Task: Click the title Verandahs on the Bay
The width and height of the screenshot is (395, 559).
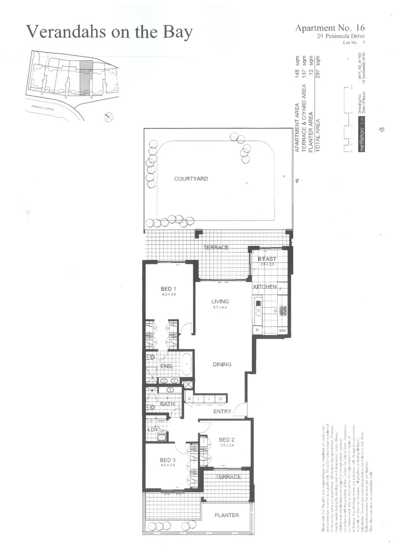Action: tap(109, 32)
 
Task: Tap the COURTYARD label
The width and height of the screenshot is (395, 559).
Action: tap(191, 179)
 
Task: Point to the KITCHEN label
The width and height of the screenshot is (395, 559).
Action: tap(265, 286)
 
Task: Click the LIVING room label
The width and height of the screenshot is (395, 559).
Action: tap(220, 301)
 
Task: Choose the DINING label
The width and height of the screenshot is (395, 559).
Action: tap(222, 364)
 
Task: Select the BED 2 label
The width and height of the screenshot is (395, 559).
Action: tap(227, 437)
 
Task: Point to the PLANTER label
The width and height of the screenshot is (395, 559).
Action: tap(227, 515)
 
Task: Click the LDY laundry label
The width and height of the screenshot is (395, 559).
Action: tap(153, 429)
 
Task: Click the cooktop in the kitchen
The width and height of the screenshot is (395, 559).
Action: tap(283, 311)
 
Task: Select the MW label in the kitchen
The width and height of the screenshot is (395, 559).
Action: tap(283, 330)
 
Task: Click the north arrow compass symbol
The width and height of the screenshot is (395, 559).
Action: tap(108, 117)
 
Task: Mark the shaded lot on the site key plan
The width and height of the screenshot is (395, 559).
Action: tap(86, 78)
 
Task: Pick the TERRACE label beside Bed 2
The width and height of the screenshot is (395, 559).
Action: tap(228, 477)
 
